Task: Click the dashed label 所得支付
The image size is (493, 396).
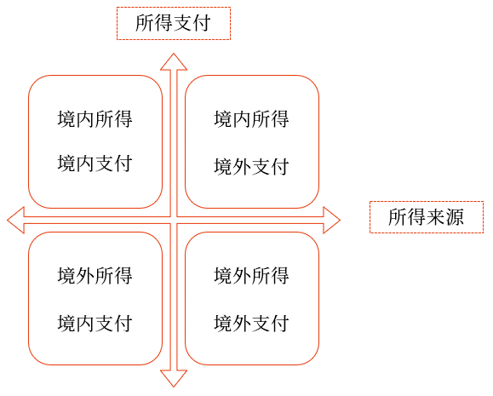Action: coord(174,23)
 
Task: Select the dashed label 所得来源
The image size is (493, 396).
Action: coord(427,217)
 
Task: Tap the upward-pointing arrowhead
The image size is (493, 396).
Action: coord(174,61)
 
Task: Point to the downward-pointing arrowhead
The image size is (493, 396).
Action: coord(174,378)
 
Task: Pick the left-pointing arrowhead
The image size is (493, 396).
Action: coord(15,221)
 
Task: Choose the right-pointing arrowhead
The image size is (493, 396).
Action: coord(332,221)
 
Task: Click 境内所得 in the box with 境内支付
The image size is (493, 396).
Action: coord(95,119)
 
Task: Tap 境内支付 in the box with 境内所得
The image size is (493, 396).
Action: coord(95,164)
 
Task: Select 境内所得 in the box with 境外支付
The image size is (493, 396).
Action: coord(251,119)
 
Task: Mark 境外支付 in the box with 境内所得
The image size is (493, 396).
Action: coord(251,166)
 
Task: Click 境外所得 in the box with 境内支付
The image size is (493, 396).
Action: coord(95,276)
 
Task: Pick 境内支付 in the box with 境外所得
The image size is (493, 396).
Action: coord(95,323)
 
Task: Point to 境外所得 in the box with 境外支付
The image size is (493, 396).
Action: coord(251,276)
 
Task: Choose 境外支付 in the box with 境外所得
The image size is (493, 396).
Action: coord(251,323)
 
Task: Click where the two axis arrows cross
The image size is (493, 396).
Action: coord(174,221)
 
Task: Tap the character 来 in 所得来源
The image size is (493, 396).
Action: coord(436,217)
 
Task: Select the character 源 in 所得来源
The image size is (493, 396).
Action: coord(455,217)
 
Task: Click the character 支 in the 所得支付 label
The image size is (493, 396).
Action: coord(183,23)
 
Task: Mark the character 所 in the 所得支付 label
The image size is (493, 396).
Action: coord(145,23)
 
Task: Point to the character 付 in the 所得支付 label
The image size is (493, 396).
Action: coord(202,23)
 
